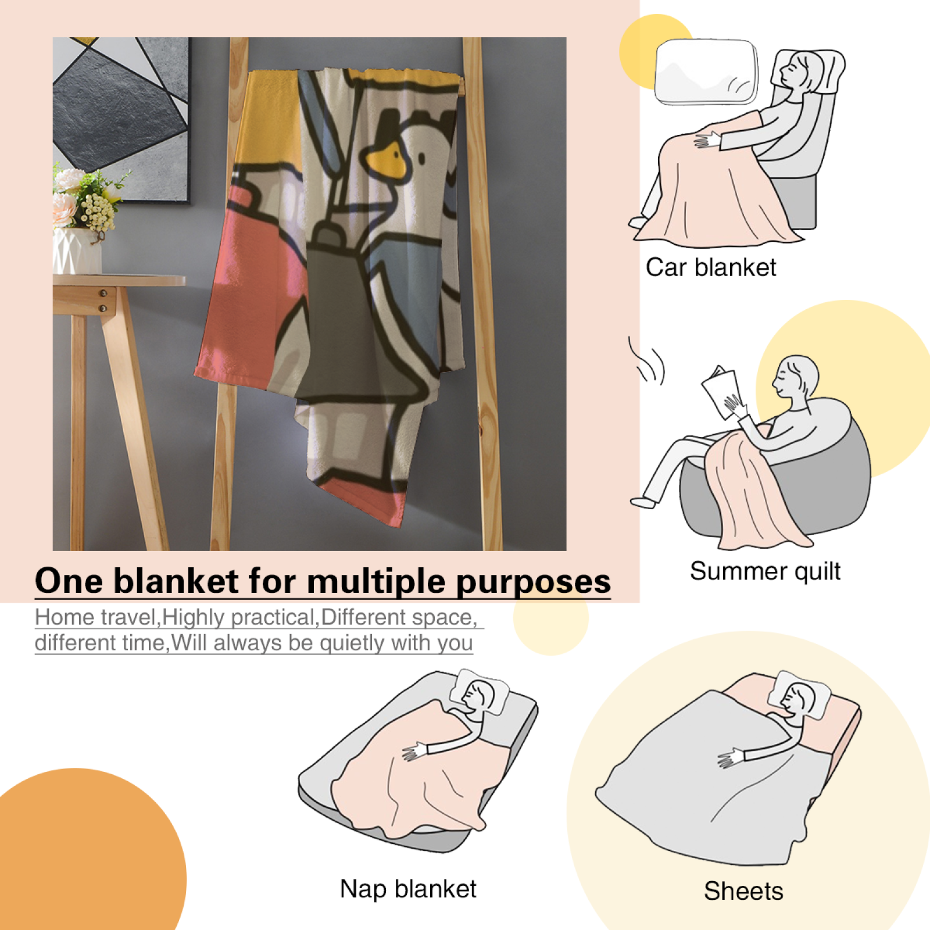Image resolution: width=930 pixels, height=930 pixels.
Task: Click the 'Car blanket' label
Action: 710,267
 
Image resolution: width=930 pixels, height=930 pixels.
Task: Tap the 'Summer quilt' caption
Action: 765,571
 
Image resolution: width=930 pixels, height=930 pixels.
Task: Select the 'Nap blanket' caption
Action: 408,889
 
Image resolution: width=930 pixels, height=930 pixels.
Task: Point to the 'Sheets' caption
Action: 743,891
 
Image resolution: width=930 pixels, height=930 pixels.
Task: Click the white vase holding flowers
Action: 77,251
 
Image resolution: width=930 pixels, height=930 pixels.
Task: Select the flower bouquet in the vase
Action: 87,198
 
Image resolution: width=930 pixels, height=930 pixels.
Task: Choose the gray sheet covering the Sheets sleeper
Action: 703,779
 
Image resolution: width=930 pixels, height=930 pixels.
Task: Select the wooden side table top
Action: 119,281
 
